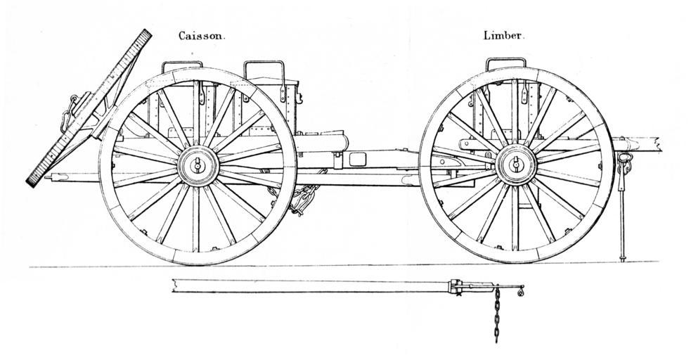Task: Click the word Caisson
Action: [201, 35]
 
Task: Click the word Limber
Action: [503, 35]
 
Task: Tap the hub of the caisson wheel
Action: [198, 167]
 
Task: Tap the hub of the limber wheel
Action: [517, 166]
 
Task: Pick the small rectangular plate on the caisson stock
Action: [356, 159]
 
